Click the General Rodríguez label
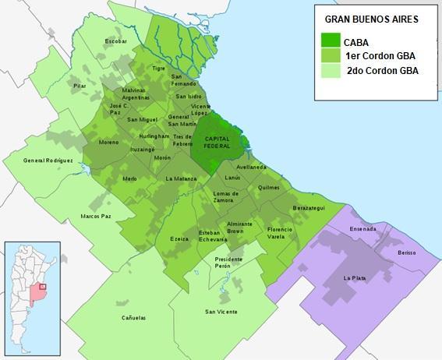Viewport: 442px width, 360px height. pos(48,161)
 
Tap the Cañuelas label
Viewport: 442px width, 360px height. pos(133,318)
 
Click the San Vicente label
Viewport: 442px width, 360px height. pos(221,312)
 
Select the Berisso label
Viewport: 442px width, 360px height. pos(406,253)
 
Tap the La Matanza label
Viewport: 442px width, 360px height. pos(181,178)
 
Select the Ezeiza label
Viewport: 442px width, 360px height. pos(179,238)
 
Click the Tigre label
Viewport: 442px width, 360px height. pos(159,68)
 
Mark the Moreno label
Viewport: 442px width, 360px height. pos(108,142)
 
